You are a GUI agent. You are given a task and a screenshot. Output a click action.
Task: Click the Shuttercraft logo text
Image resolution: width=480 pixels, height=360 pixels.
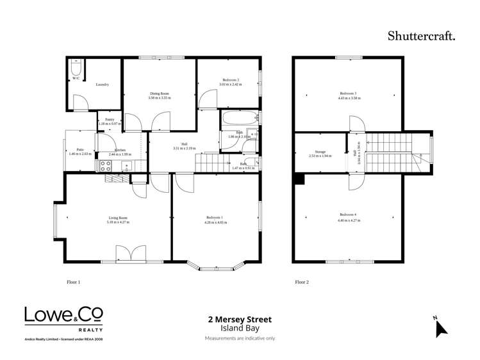[421, 36]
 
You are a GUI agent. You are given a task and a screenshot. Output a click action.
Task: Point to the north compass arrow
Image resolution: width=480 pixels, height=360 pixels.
[440, 327]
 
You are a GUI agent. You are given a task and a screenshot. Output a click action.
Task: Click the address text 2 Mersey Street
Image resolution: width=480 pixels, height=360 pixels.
[239, 319]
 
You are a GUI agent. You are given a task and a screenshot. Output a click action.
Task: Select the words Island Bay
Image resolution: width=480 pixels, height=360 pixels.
[239, 328]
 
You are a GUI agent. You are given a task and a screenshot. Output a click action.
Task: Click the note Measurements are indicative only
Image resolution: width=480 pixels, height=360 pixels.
[239, 338]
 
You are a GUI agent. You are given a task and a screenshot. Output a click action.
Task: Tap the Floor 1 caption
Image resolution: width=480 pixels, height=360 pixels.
[74, 282]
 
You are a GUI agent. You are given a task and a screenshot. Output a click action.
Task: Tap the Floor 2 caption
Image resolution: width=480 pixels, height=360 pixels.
[301, 282]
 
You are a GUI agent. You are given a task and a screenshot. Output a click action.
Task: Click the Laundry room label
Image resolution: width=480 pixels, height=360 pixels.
[102, 85]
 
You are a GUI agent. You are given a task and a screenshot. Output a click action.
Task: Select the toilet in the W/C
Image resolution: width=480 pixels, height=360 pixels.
[75, 69]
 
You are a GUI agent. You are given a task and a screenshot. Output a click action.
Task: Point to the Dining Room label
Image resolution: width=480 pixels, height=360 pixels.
[159, 94]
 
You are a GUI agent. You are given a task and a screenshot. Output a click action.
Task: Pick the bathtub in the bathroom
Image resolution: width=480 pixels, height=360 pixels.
[239, 119]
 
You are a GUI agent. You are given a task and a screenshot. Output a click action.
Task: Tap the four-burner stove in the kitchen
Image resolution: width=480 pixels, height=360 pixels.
[106, 166]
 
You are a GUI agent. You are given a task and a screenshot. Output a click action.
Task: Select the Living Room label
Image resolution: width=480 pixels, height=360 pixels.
[118, 218]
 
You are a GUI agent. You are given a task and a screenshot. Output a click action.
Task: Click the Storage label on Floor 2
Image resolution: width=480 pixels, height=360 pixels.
[320, 152]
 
